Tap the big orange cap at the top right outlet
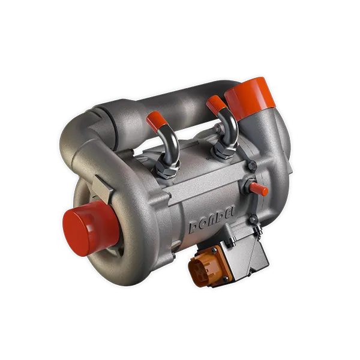pyautogui.click(x=249, y=95)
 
